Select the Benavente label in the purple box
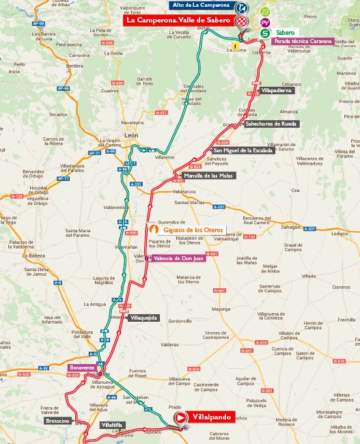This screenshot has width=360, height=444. pos(82,367)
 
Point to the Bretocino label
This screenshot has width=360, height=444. pos(57,421)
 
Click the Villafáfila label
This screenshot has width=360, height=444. pos(112,425)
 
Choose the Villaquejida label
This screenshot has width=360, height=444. pos(143,318)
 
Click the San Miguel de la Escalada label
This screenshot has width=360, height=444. pos(243,150)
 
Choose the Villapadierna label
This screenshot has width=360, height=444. pos(277,89)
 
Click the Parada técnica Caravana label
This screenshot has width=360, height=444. pos(303,41)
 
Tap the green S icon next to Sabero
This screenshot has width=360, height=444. pos(264,33)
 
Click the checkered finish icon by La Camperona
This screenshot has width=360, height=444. pos(241,21)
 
